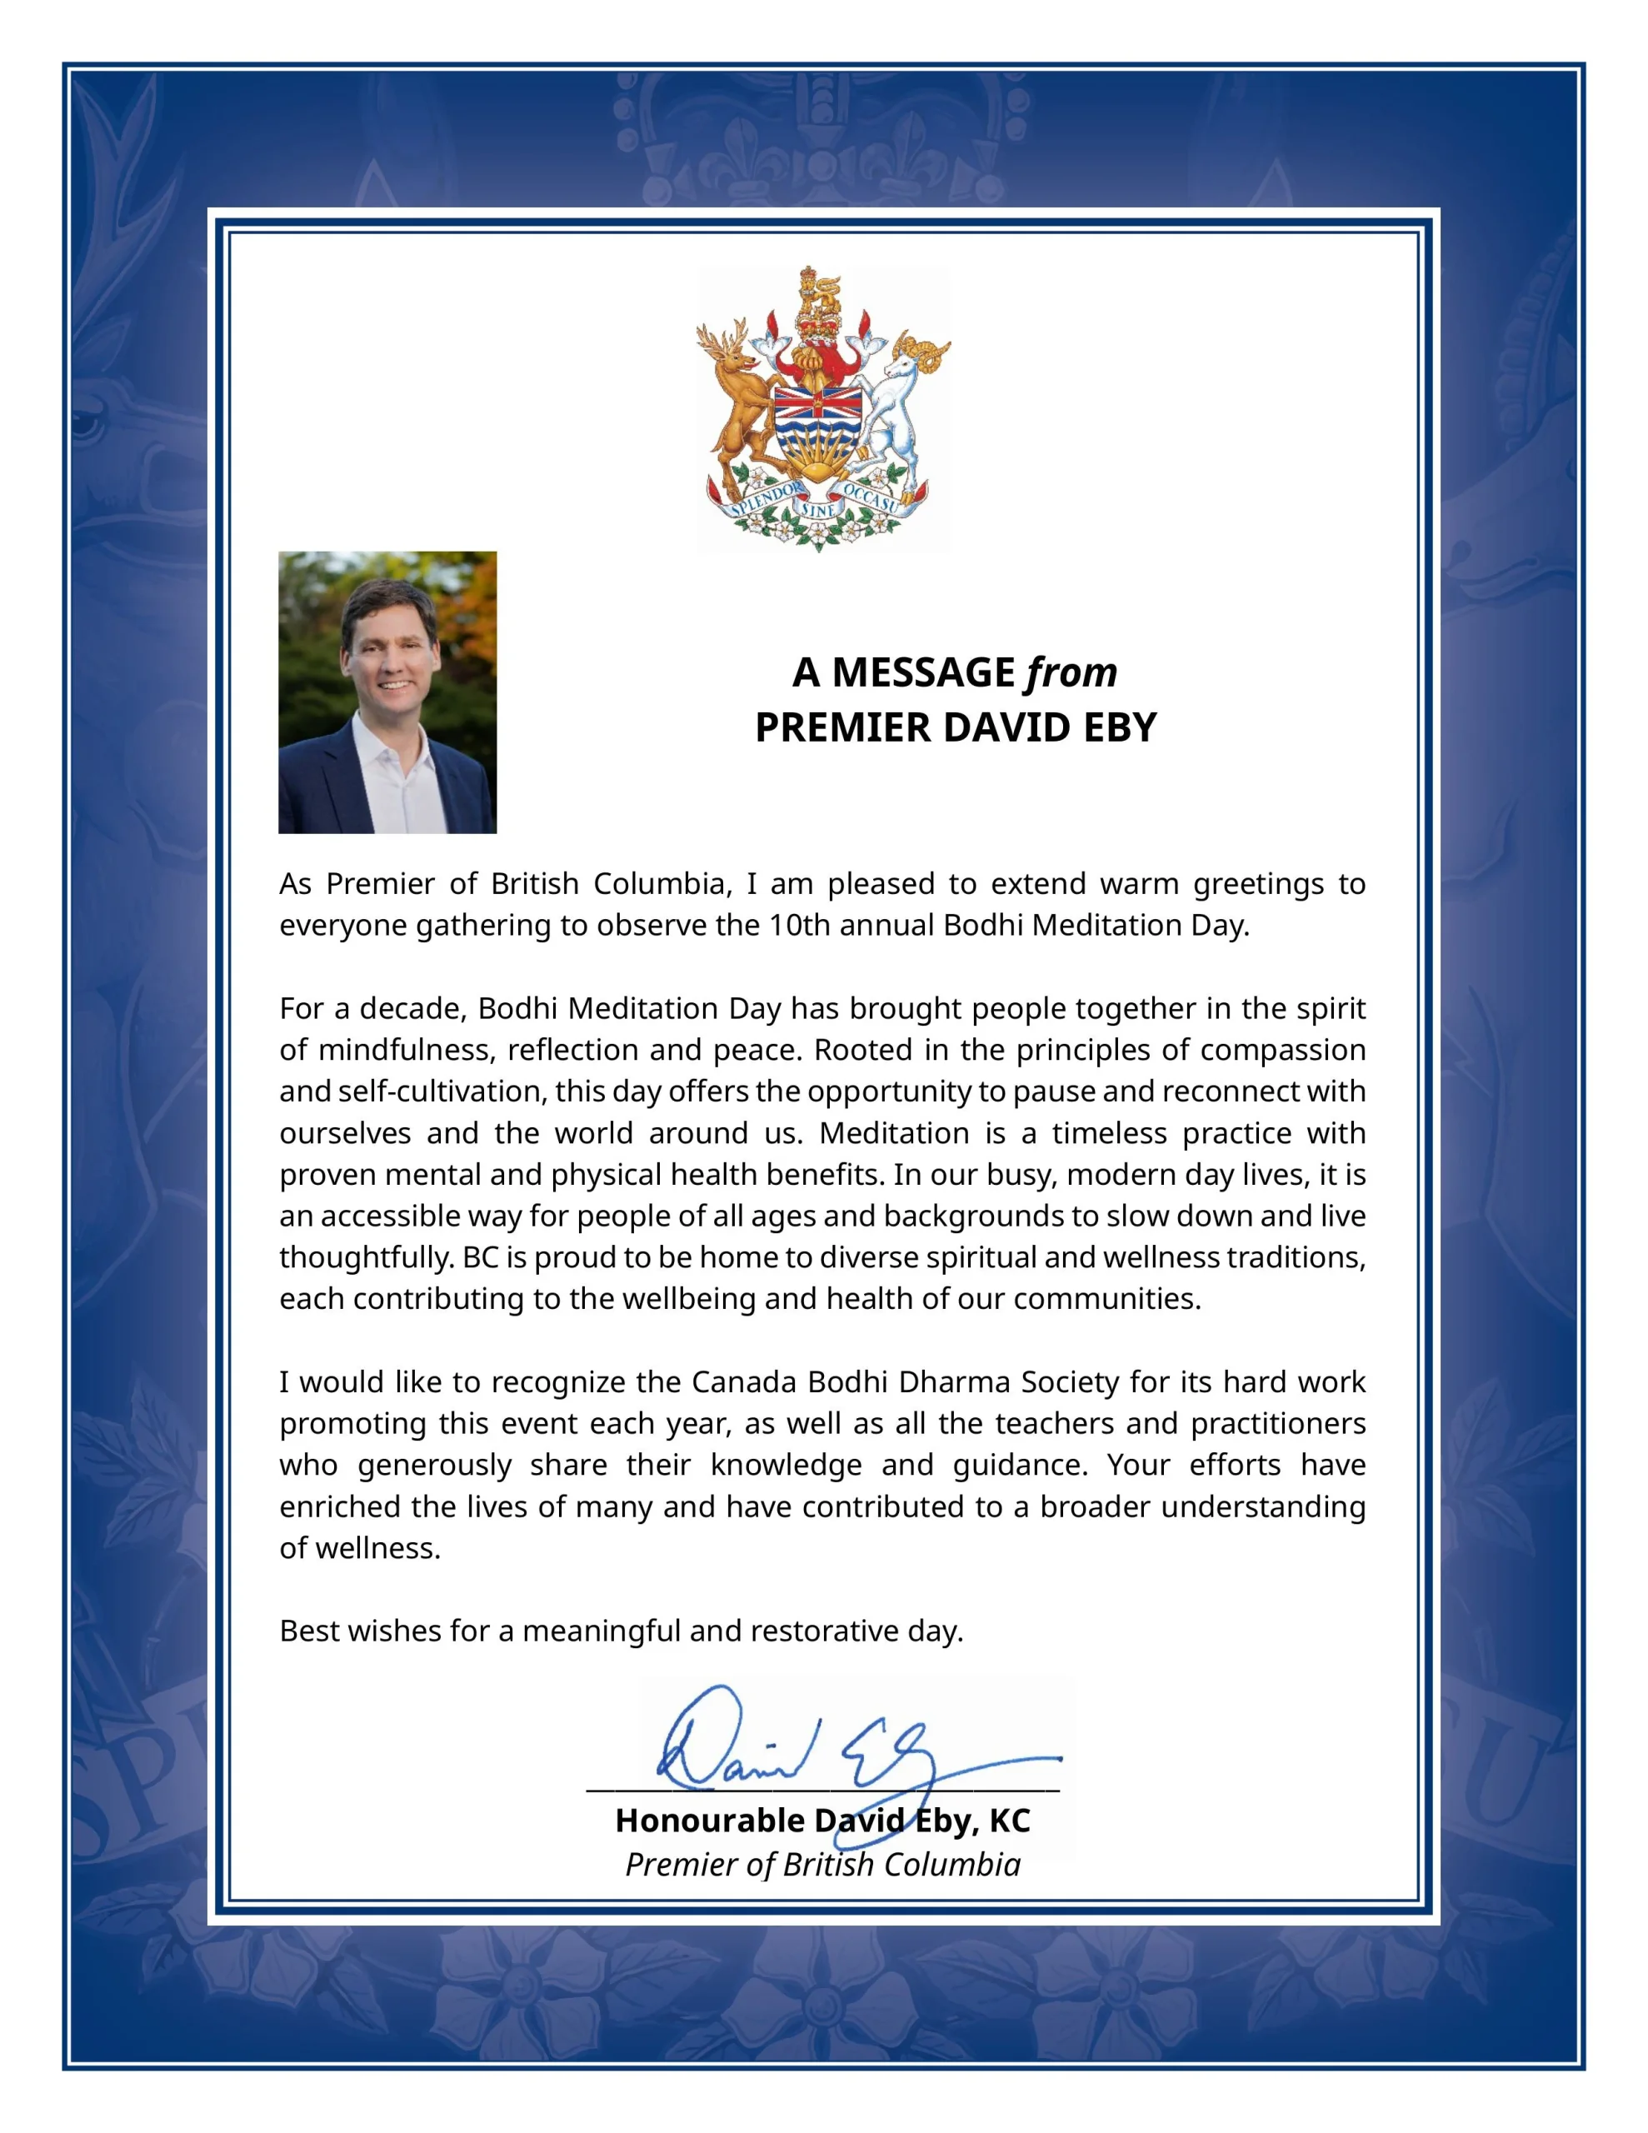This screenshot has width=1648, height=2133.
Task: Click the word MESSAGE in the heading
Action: (x=923, y=673)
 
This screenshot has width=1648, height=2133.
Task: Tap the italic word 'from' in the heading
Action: (x=1071, y=673)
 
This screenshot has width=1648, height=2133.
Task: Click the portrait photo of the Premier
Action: (x=387, y=692)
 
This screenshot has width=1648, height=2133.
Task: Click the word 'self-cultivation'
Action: (x=440, y=1091)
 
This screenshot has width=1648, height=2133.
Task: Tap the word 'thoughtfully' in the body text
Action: (x=367, y=1257)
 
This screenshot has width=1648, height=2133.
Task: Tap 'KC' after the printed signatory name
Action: (x=1009, y=1821)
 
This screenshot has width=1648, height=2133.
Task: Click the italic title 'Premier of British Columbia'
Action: (x=822, y=1865)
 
